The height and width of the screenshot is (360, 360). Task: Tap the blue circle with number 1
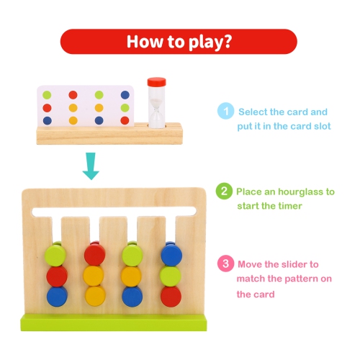226,112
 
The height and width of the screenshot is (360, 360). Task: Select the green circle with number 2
225,192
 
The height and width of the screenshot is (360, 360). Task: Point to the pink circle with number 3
225,264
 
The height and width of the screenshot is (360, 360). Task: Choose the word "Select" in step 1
255,112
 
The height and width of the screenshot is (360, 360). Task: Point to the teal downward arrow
89,166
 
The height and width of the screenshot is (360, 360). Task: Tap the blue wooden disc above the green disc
171,255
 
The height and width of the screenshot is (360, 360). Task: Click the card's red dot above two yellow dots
72,94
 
